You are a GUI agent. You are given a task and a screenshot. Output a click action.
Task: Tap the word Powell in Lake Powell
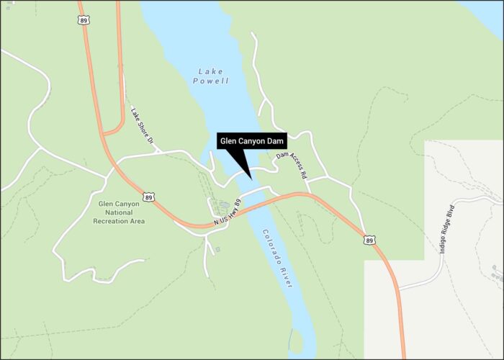pyautogui.click(x=211, y=81)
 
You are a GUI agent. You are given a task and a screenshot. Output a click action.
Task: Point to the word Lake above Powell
pyautogui.click(x=211, y=71)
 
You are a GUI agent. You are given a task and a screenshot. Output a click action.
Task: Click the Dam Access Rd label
pyautogui.click(x=292, y=165)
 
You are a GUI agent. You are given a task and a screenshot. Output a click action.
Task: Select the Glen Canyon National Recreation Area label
pyautogui.click(x=119, y=212)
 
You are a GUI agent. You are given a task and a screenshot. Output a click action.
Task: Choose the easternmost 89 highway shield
pyautogui.click(x=369, y=240)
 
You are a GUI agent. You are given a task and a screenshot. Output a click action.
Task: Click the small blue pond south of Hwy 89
pyautogui.click(x=217, y=249)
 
